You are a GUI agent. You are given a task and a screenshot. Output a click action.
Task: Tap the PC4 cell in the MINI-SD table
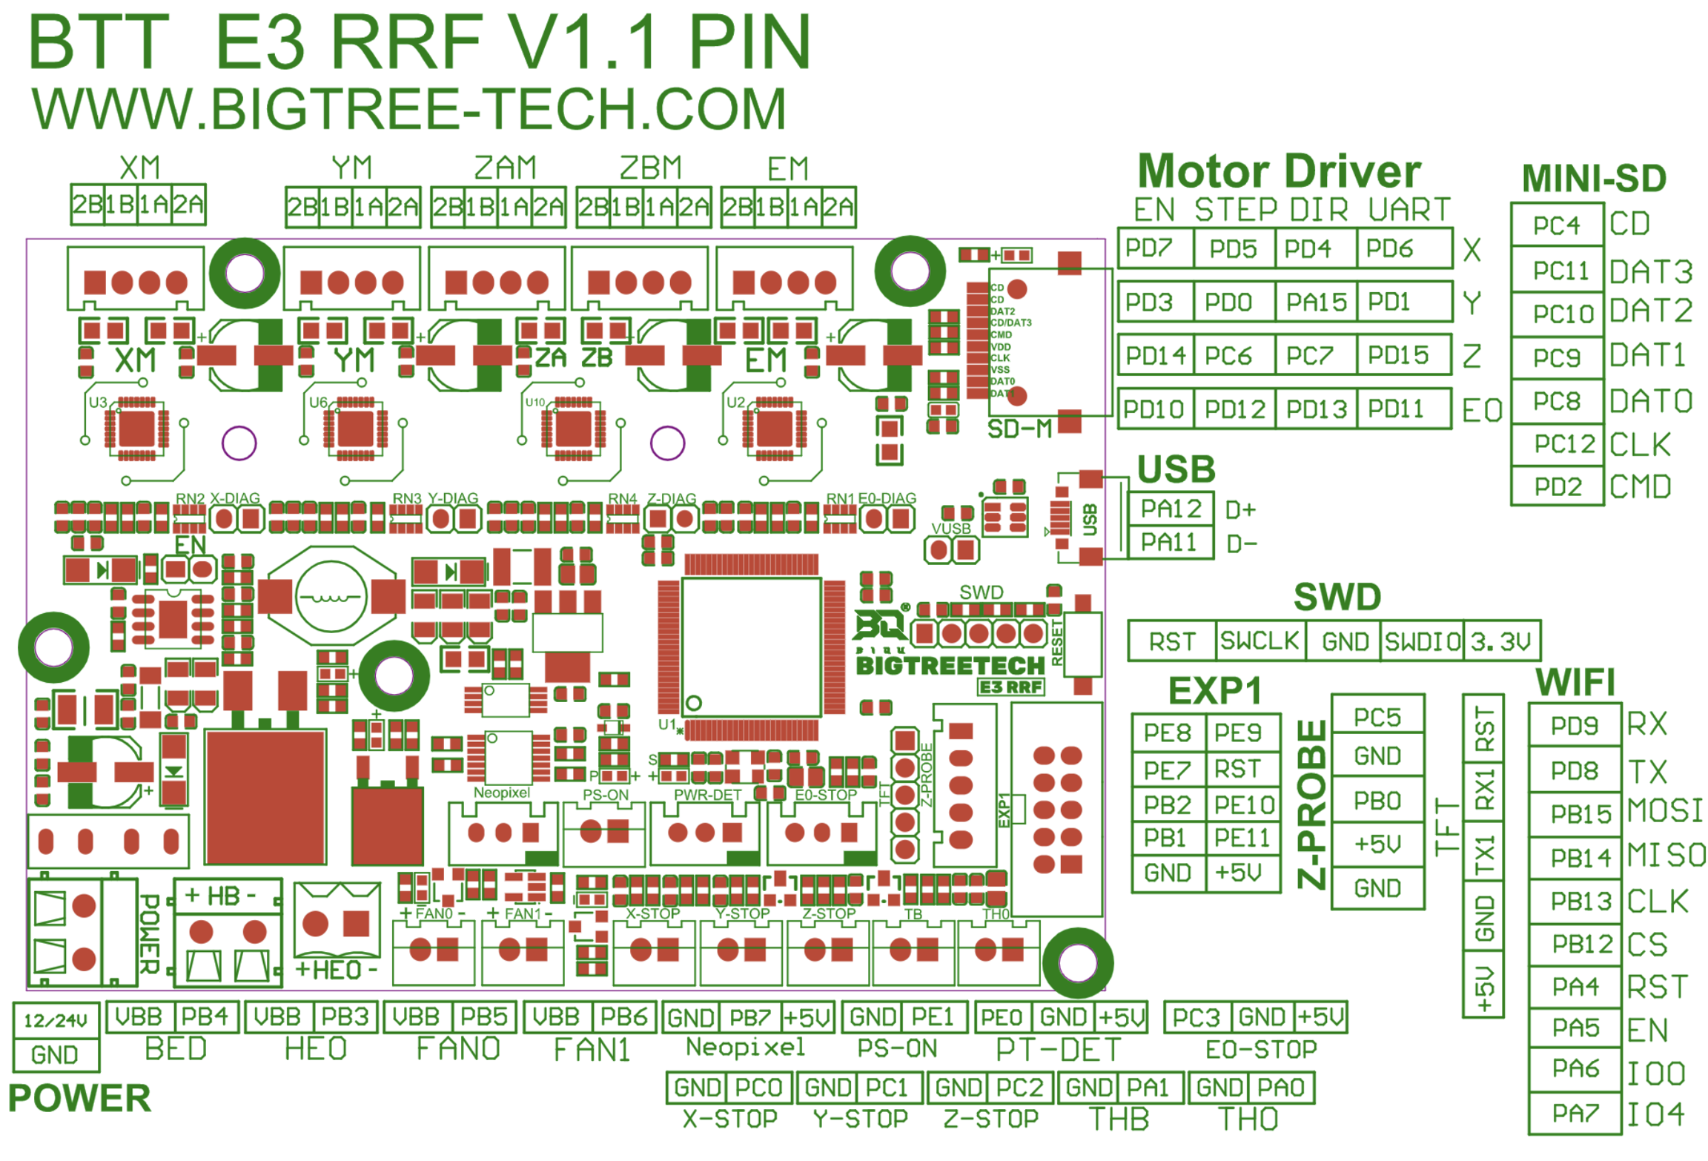tap(1557, 225)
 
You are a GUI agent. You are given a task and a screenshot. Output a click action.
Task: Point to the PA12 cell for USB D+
tap(1171, 509)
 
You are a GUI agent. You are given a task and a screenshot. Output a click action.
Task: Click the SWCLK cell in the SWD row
tap(1260, 641)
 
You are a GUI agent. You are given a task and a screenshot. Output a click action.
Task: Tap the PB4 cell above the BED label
tap(205, 1017)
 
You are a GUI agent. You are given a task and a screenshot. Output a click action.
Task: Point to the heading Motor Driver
tap(1279, 172)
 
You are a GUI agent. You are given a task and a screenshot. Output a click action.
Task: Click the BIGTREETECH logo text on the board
tap(950, 666)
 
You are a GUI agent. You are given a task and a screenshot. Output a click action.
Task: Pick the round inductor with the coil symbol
tap(331, 596)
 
